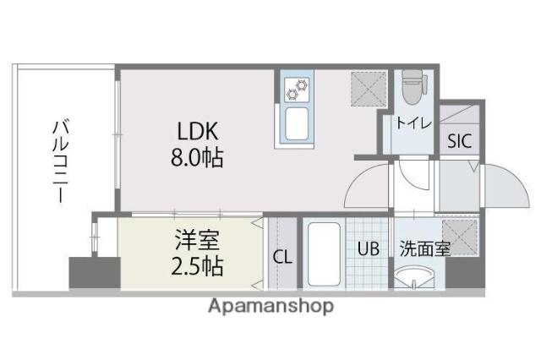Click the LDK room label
tap(199, 132)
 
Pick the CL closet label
tap(283, 256)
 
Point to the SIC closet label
tap(462, 141)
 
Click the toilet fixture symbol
tap(412, 88)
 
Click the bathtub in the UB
tap(322, 254)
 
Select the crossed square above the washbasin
tap(462, 231)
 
